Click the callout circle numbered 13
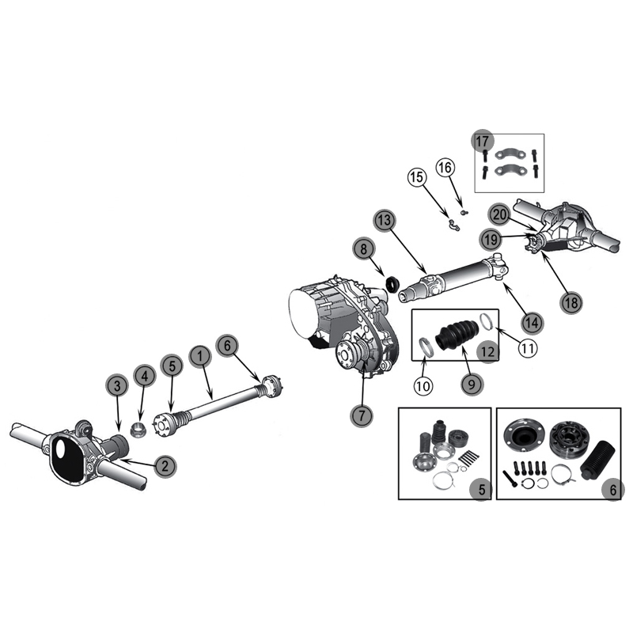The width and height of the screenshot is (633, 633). pyautogui.click(x=385, y=221)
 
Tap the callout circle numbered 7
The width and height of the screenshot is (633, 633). pyautogui.click(x=362, y=415)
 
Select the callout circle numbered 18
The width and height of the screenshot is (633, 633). pyautogui.click(x=571, y=302)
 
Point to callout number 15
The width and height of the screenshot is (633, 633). pyautogui.click(x=417, y=176)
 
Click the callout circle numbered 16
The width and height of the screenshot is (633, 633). pyautogui.click(x=445, y=167)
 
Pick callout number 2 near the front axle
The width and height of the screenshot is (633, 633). pyautogui.click(x=165, y=466)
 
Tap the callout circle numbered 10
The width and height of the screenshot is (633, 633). pyautogui.click(x=423, y=386)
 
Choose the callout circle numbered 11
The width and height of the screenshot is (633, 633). pyautogui.click(x=528, y=347)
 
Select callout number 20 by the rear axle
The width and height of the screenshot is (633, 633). pyautogui.click(x=500, y=214)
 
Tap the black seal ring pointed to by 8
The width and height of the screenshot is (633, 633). pyautogui.click(x=392, y=284)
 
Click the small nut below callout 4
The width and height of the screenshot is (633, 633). pyautogui.click(x=138, y=430)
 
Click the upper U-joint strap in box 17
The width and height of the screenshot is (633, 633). pyautogui.click(x=510, y=154)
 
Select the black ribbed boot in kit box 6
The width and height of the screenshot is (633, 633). pyautogui.click(x=598, y=459)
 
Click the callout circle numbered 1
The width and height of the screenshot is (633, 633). pyautogui.click(x=200, y=356)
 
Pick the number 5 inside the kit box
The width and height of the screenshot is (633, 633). pyautogui.click(x=482, y=490)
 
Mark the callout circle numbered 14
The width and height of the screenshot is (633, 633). pyautogui.click(x=533, y=322)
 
